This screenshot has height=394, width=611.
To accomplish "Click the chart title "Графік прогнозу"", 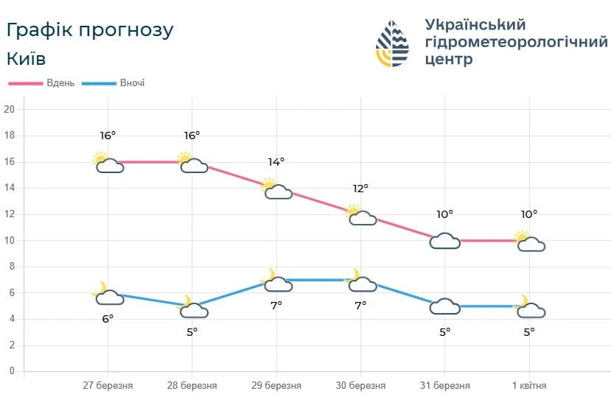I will click(89, 29).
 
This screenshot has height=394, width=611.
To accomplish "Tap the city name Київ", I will click(26, 58).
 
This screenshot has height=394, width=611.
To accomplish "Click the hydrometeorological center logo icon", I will click(392, 43).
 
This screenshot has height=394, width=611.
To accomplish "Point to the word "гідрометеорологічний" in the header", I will click(516, 42).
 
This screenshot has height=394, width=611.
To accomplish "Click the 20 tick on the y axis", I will click(10, 110).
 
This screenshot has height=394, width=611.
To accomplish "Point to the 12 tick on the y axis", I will click(10, 214).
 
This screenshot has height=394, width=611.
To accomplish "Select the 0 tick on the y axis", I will click(12, 371).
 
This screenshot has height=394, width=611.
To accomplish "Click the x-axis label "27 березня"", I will click(108, 385).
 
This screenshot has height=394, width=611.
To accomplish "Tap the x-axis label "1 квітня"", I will click(529, 385).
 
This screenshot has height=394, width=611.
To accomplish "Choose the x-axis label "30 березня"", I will click(361, 385).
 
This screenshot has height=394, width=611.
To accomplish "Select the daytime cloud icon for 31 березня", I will click(445, 241).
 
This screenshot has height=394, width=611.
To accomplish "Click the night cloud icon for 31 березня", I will click(445, 306).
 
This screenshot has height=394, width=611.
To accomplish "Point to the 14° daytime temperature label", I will click(276, 162).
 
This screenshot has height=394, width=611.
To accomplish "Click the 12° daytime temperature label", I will click(360, 189).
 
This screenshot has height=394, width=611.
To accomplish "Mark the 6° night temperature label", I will click(108, 319).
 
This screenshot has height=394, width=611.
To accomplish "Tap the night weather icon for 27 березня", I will click(108, 294).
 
